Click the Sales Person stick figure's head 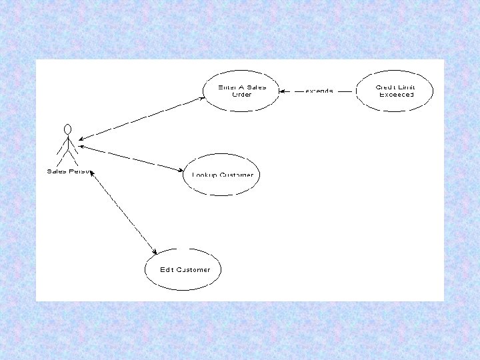point(67,128)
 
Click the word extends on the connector point(319,91)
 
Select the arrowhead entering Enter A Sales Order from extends point(283,91)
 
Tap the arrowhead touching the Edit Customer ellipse point(154,252)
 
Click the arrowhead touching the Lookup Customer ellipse point(180,171)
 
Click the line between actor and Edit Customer point(123,211)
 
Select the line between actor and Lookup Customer point(130,158)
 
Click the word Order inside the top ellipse point(241,95)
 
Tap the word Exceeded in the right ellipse point(396,95)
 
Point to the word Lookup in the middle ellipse point(202,175)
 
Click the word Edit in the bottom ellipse point(166,270)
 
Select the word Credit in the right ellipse point(386,87)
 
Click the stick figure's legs point(67,155)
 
